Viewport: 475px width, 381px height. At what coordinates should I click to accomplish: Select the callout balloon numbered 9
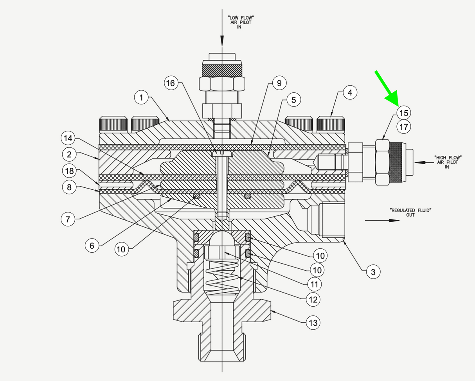click(x=279, y=83)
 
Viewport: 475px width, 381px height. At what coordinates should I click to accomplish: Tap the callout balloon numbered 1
click(x=141, y=97)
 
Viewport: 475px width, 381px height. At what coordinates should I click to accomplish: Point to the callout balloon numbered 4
click(x=350, y=93)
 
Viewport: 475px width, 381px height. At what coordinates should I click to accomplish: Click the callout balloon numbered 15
click(x=404, y=113)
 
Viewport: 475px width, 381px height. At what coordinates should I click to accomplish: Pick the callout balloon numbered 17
click(x=404, y=127)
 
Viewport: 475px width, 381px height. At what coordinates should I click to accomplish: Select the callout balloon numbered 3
click(x=373, y=271)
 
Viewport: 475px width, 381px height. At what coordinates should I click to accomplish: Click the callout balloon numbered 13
click(x=313, y=323)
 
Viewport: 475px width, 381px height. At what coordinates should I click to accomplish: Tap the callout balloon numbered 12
click(x=313, y=300)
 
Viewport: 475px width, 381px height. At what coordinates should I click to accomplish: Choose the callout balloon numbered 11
click(x=313, y=283)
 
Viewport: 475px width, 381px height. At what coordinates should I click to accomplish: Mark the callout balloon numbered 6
click(x=92, y=246)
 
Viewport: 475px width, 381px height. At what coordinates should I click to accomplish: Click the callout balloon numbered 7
click(x=68, y=219)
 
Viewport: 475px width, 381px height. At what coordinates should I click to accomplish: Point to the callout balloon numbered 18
click(x=69, y=171)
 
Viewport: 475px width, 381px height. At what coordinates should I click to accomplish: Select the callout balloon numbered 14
click(x=68, y=138)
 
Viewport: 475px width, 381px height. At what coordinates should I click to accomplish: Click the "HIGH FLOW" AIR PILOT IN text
click(x=448, y=162)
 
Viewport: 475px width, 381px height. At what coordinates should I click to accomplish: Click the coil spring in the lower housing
click(x=222, y=279)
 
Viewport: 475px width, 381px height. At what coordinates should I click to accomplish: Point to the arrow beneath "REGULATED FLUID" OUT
click(x=382, y=221)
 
